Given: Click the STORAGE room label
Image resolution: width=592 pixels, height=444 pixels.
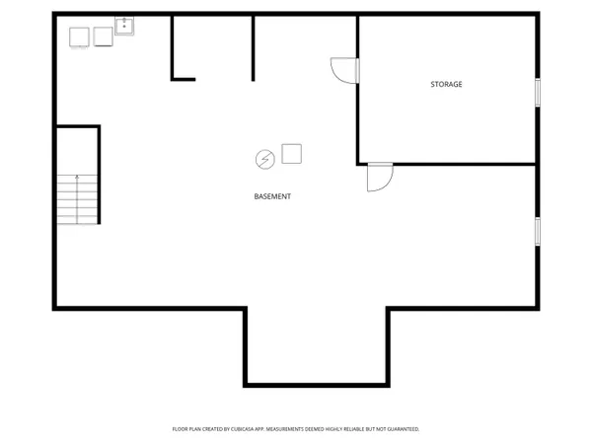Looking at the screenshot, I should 446,85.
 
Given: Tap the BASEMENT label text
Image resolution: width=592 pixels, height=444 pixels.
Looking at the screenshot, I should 272,197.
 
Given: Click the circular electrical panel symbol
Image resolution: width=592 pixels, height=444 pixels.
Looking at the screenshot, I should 264,158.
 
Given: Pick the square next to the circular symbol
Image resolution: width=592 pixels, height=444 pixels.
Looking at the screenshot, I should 291,153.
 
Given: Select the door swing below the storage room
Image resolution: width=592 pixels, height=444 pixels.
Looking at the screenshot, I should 379,178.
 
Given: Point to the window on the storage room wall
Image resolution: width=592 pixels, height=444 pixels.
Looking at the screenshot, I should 538,92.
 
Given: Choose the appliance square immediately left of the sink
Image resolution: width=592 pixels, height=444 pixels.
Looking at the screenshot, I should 103,37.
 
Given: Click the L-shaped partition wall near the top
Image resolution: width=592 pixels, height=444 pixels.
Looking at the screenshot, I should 174,49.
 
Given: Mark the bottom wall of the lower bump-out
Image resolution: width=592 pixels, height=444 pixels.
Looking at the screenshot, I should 316,383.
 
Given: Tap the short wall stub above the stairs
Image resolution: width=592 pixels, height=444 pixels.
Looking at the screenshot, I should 77,126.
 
